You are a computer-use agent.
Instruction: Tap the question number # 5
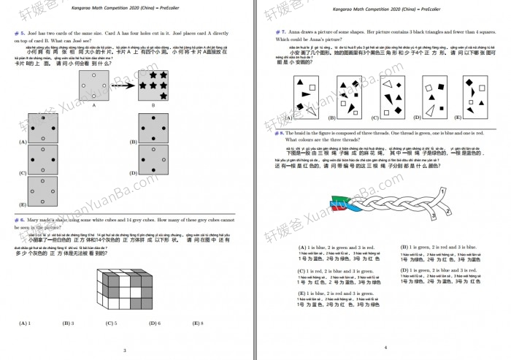[20, 34]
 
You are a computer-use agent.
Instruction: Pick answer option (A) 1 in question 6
[24, 323]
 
